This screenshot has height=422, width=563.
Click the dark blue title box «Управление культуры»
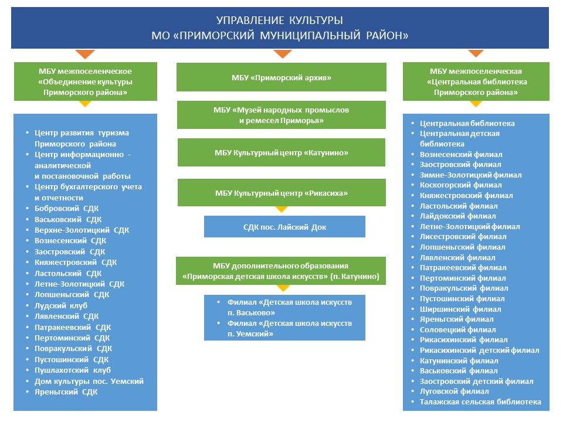coord(280,28)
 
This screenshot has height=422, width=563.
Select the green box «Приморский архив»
coord(281,77)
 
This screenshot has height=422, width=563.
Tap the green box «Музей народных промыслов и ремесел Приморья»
coord(281,115)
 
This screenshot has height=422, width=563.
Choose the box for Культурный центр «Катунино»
coord(281,152)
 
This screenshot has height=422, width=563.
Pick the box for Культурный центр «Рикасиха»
coord(281,193)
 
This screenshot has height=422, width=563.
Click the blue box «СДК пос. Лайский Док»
coord(284,226)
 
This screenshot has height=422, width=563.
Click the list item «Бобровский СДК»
coord(67,208)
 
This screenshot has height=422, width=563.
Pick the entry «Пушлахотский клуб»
coord(73,370)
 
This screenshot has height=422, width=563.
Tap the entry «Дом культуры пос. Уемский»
coord(89,381)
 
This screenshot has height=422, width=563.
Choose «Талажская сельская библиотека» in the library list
coord(480,401)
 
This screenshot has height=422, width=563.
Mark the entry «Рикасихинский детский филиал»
coord(479,350)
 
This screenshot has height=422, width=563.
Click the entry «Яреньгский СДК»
coord(66,392)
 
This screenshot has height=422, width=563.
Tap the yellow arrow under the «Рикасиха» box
coord(281,209)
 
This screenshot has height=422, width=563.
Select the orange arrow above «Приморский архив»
coord(282,54)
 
